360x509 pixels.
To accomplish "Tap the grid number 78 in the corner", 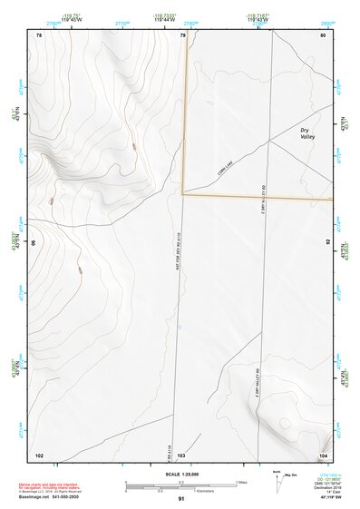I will tap(38, 35).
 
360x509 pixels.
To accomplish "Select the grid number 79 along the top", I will tap(182, 35).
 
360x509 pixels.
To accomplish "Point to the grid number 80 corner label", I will tap(323, 35).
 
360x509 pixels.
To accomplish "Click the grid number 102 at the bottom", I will tap(39, 454).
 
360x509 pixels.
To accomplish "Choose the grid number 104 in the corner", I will tap(323, 454).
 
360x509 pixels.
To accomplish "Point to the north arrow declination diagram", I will tap(279, 482).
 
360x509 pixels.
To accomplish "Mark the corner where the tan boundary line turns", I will tap(183, 193).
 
